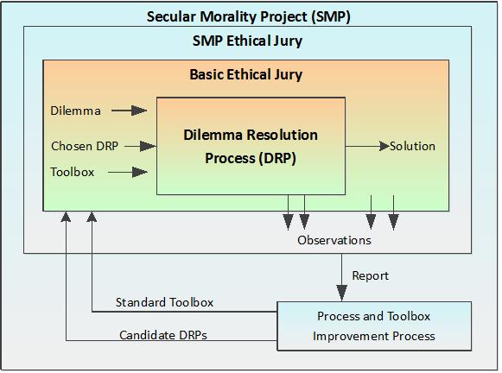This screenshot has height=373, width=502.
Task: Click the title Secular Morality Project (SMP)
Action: pos(249,16)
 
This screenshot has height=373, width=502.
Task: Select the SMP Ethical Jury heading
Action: pos(247,41)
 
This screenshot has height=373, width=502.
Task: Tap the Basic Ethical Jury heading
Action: pos(246,75)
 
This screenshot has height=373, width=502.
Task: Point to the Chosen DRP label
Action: pos(85,146)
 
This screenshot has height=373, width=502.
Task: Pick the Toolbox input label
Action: pos(73,172)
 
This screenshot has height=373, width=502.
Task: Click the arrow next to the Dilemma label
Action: pos(129,111)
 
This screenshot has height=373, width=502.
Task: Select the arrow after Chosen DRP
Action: pos(140,147)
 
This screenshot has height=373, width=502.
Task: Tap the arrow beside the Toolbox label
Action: pos(128,172)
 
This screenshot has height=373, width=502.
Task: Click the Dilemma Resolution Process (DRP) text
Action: pos(251,147)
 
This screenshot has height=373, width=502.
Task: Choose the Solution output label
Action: pos(412,146)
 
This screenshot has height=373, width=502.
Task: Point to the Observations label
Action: pos(334,240)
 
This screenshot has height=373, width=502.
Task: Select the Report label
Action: pos(371,275)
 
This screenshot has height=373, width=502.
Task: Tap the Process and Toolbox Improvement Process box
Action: pos(374,326)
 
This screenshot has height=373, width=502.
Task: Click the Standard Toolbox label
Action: pos(164,302)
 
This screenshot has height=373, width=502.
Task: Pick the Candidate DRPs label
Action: pos(163,335)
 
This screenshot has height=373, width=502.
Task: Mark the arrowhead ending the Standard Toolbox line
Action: pos(92,217)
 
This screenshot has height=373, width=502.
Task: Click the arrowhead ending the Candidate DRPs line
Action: pos(66,217)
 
